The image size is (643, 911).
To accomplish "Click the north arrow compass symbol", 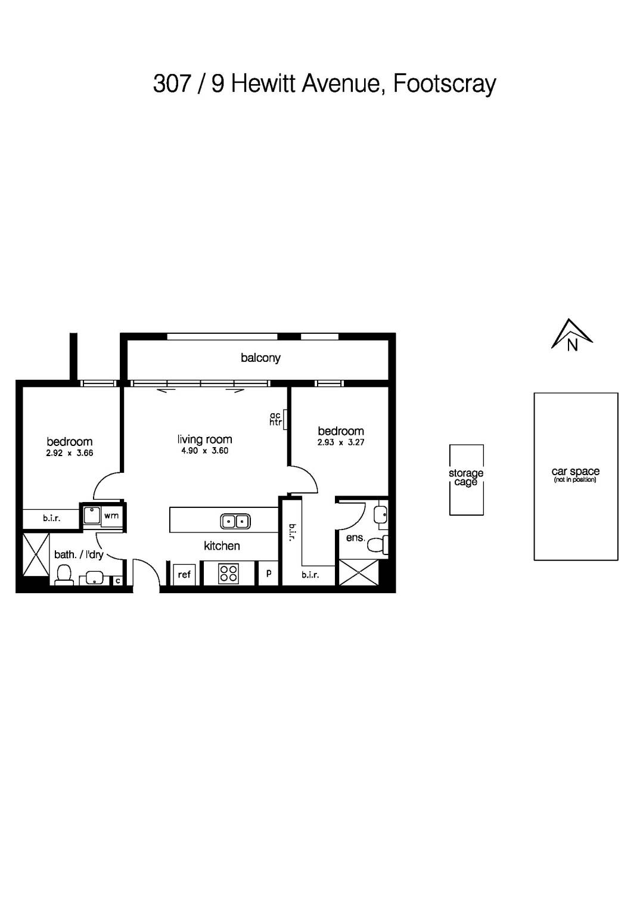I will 571,335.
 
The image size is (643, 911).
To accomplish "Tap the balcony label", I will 260,358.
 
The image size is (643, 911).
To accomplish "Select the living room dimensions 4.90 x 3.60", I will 204,451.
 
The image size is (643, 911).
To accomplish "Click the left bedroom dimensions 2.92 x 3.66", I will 69,453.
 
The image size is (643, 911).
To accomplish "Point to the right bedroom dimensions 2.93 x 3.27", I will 340,442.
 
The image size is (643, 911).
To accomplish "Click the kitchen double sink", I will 235,521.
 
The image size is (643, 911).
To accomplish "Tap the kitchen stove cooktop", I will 229,574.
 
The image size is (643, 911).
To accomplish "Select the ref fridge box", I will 184,574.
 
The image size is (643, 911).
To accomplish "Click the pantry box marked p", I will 269,574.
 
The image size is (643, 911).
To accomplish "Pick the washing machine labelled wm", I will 111,516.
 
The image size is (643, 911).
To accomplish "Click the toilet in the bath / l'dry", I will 63,575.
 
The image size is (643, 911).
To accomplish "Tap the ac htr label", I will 275,419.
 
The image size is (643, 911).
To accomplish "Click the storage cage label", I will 466,478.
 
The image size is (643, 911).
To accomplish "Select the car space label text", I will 575,472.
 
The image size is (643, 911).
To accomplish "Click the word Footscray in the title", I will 445,84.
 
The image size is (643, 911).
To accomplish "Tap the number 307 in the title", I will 172,84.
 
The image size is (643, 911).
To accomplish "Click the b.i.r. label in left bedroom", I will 51,519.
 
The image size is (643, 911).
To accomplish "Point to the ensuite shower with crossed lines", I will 358,573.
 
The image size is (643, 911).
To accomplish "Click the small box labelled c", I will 118,580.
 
